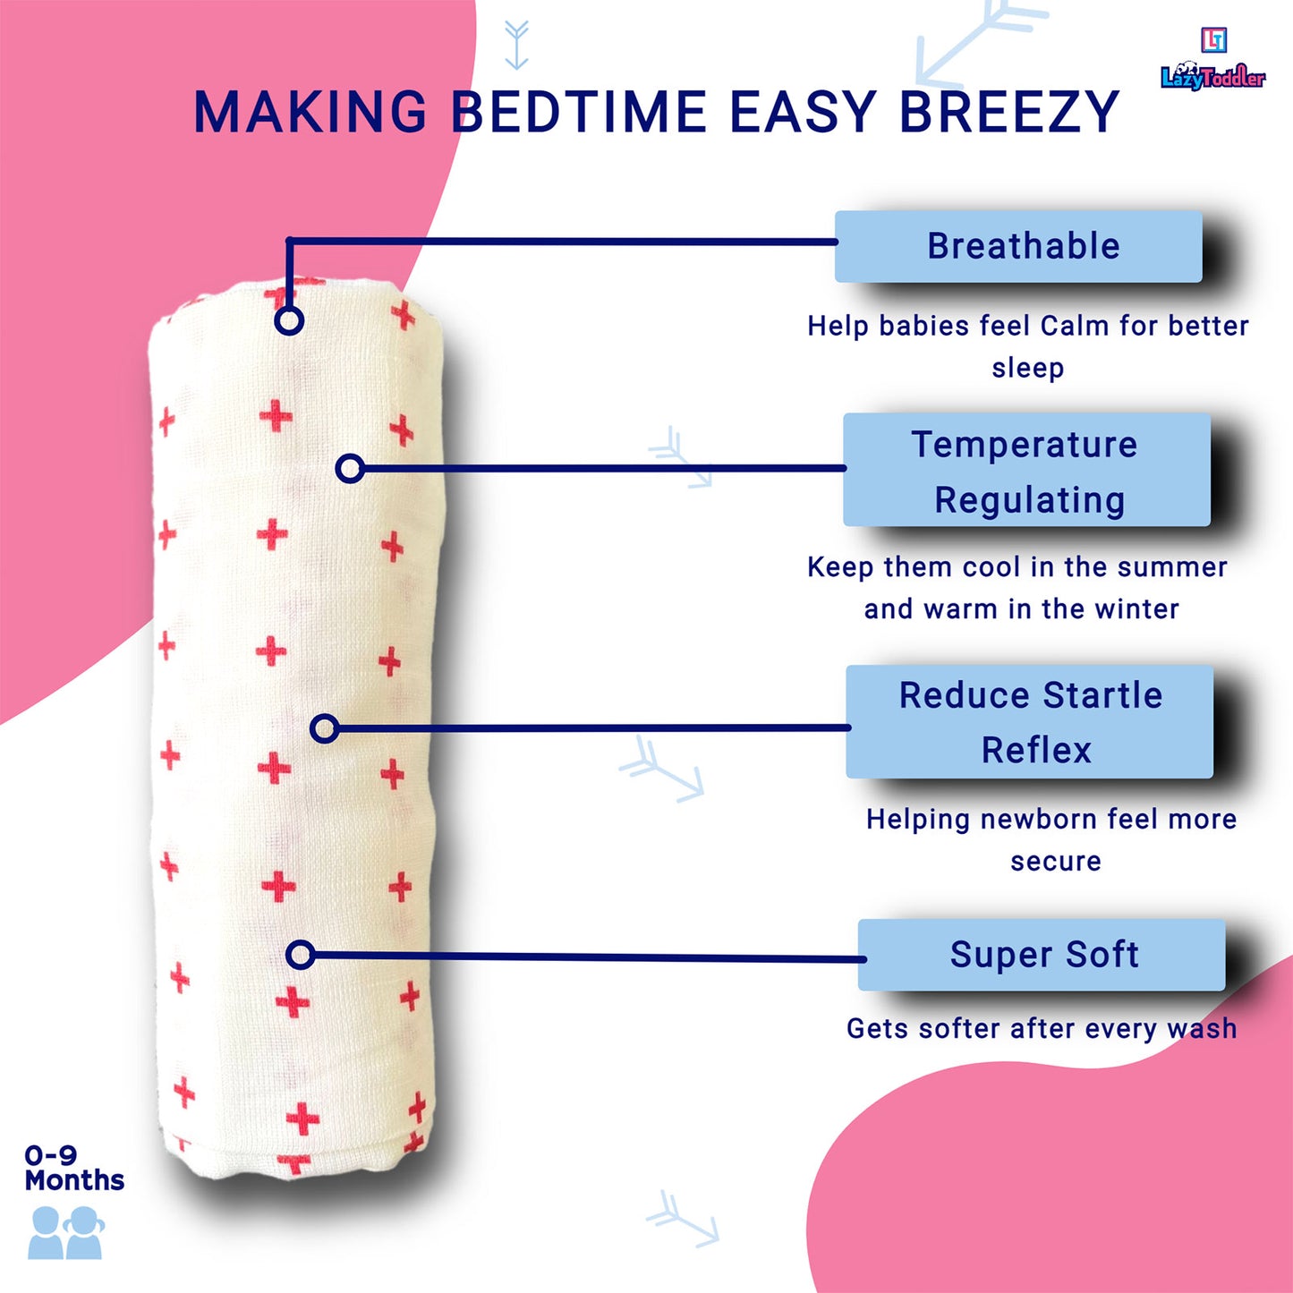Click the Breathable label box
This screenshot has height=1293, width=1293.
1018,246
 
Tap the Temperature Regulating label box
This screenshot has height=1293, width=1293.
1026,470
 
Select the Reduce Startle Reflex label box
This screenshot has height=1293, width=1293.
1029,722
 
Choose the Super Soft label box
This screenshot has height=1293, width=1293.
1042,955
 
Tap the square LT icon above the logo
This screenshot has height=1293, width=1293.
1214,39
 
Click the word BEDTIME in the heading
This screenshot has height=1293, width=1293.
579,111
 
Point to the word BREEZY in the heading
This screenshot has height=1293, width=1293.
1010,111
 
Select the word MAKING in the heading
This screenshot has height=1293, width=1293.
310,111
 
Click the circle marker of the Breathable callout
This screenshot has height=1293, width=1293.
289,320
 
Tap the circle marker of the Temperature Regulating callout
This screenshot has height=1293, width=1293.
350,468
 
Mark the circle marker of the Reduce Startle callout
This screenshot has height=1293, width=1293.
325,728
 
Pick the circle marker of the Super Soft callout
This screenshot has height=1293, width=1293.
300,954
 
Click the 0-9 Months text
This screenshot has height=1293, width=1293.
73,1168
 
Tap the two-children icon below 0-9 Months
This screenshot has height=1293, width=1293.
65,1232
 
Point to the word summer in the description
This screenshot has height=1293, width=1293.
1172,567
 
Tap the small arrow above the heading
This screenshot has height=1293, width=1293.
516,45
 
